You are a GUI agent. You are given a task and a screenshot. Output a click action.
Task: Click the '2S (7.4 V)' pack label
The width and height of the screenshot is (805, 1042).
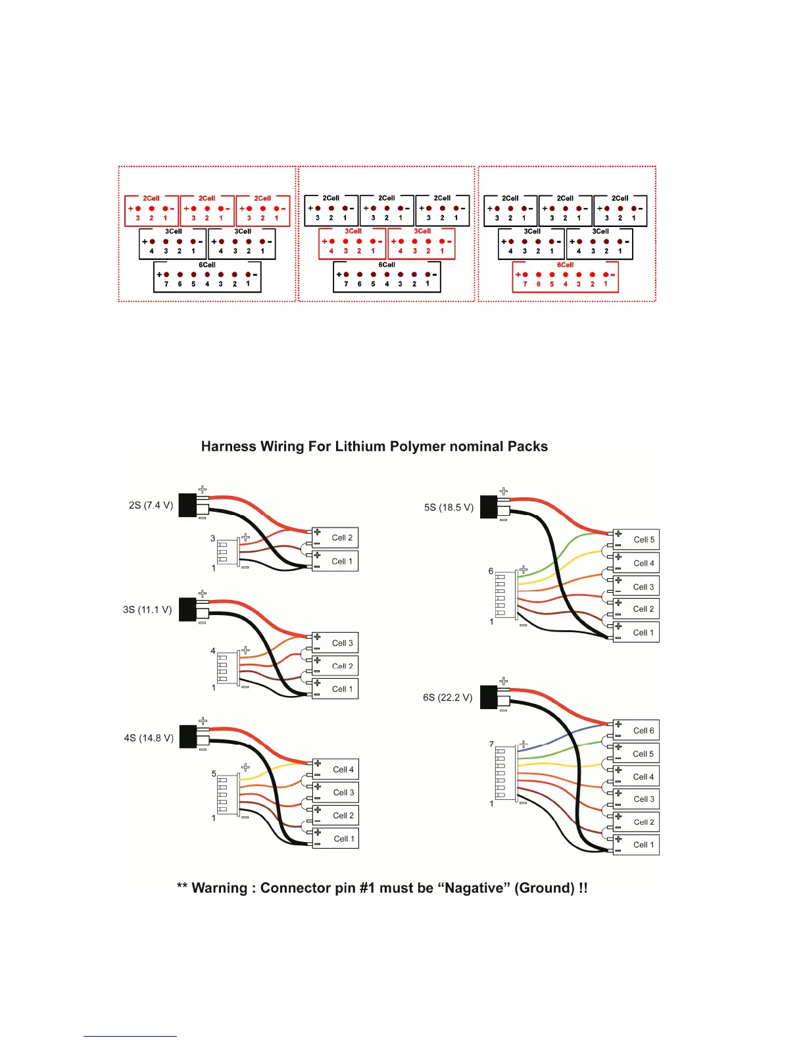coord(151,505)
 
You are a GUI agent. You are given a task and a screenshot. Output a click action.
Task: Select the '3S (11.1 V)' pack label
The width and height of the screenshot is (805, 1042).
coord(147,610)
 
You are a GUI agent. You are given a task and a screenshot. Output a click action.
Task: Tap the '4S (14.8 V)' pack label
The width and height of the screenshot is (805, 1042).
coord(149,738)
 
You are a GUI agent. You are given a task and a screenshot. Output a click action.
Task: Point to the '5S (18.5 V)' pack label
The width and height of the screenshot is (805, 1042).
coord(449,507)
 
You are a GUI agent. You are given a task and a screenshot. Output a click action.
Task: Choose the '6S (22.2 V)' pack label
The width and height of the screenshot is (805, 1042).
coord(447,697)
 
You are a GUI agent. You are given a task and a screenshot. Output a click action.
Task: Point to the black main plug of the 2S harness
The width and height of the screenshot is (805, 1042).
coord(188,505)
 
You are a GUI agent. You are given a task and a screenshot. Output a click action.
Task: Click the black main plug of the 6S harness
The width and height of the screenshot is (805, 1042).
coord(489,697)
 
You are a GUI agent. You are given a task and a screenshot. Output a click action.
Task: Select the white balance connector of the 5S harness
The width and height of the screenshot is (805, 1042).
coord(505,595)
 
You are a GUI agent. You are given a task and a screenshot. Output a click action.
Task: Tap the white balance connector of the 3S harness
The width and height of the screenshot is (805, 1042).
coord(227,669)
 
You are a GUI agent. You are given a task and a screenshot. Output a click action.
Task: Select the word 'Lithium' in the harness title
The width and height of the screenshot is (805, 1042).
coord(360,447)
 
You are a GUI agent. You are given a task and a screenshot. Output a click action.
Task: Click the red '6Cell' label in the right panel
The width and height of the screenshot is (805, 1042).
coord(565,265)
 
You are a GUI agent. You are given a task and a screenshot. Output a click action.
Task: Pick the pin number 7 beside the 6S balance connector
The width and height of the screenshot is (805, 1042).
coord(491,745)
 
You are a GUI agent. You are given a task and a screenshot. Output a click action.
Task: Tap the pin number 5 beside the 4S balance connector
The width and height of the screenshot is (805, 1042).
coord(214,774)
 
